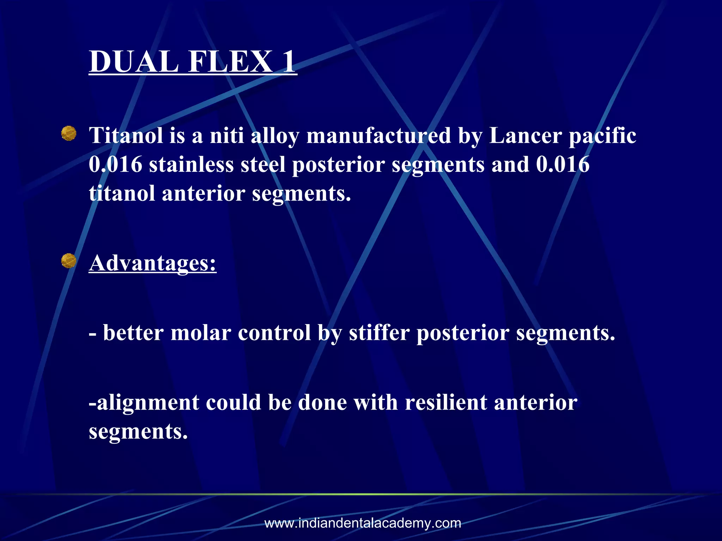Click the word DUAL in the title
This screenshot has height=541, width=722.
click(x=133, y=62)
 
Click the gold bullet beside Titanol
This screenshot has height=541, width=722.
click(x=69, y=134)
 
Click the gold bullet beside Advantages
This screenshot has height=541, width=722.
click(x=69, y=261)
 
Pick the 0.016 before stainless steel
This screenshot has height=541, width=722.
click(x=116, y=164)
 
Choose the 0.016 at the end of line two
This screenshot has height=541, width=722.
click(x=563, y=164)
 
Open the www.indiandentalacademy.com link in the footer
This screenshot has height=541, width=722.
click(x=363, y=523)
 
